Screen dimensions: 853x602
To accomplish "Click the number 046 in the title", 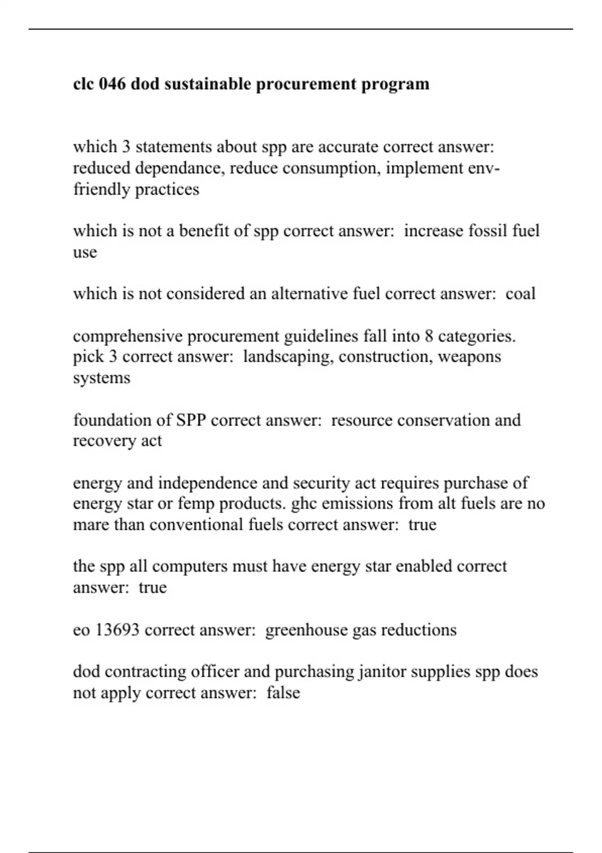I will [112, 84].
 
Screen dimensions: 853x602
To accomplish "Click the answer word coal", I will [520, 294].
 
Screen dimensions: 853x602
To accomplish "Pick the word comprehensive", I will [127, 336].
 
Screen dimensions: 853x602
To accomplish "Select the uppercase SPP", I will [191, 419].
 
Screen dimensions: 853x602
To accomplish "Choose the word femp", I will [196, 503].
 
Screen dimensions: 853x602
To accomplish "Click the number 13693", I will [117, 630].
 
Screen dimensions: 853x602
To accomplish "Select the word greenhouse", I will [307, 630].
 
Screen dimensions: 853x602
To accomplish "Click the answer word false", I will [283, 693].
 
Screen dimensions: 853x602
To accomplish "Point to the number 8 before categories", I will [429, 336].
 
